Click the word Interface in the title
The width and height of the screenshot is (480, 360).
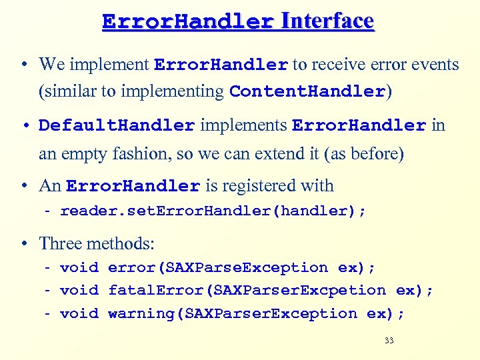[327, 21]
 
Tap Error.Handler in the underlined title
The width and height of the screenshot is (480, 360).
[188, 22]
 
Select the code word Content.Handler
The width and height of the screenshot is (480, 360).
[307, 91]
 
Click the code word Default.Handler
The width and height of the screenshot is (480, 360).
[117, 125]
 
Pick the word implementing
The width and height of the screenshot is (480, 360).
[180, 91]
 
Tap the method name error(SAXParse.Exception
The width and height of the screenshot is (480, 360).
[218, 267]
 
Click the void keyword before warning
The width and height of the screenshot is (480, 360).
[79, 313]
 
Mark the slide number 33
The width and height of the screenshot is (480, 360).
[389, 341]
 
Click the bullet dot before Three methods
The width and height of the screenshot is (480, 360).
[23, 244]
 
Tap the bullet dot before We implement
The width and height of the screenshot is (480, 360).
[23, 65]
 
